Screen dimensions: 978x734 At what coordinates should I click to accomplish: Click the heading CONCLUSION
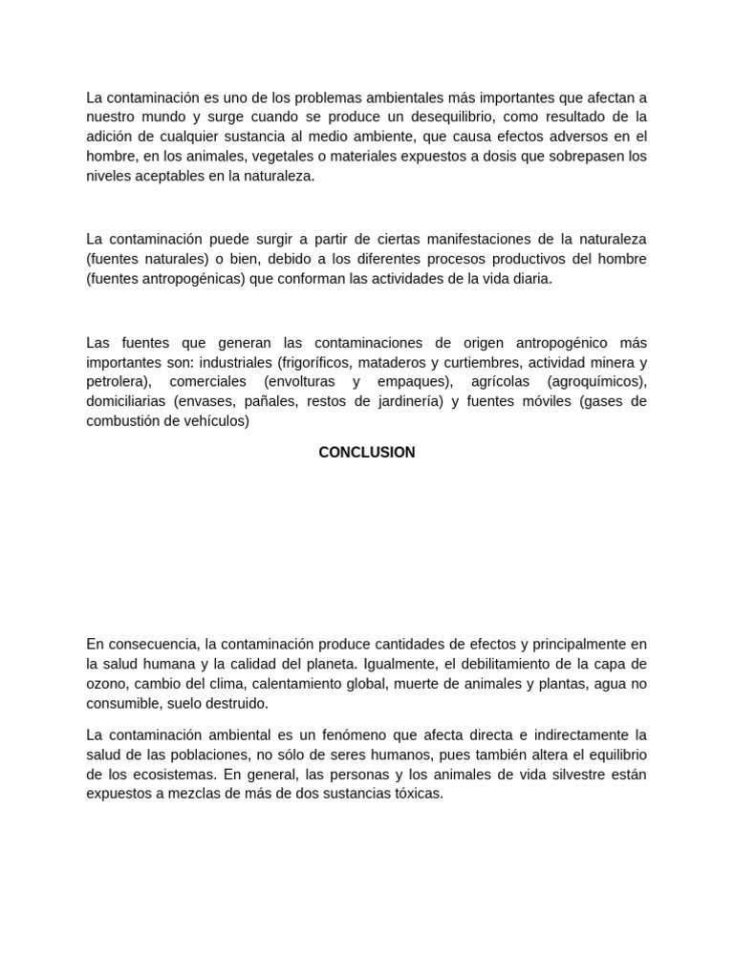click(x=367, y=453)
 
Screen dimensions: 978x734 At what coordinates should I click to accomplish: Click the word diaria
click(x=531, y=279)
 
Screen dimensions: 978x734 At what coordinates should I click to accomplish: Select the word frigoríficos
click(x=319, y=362)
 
